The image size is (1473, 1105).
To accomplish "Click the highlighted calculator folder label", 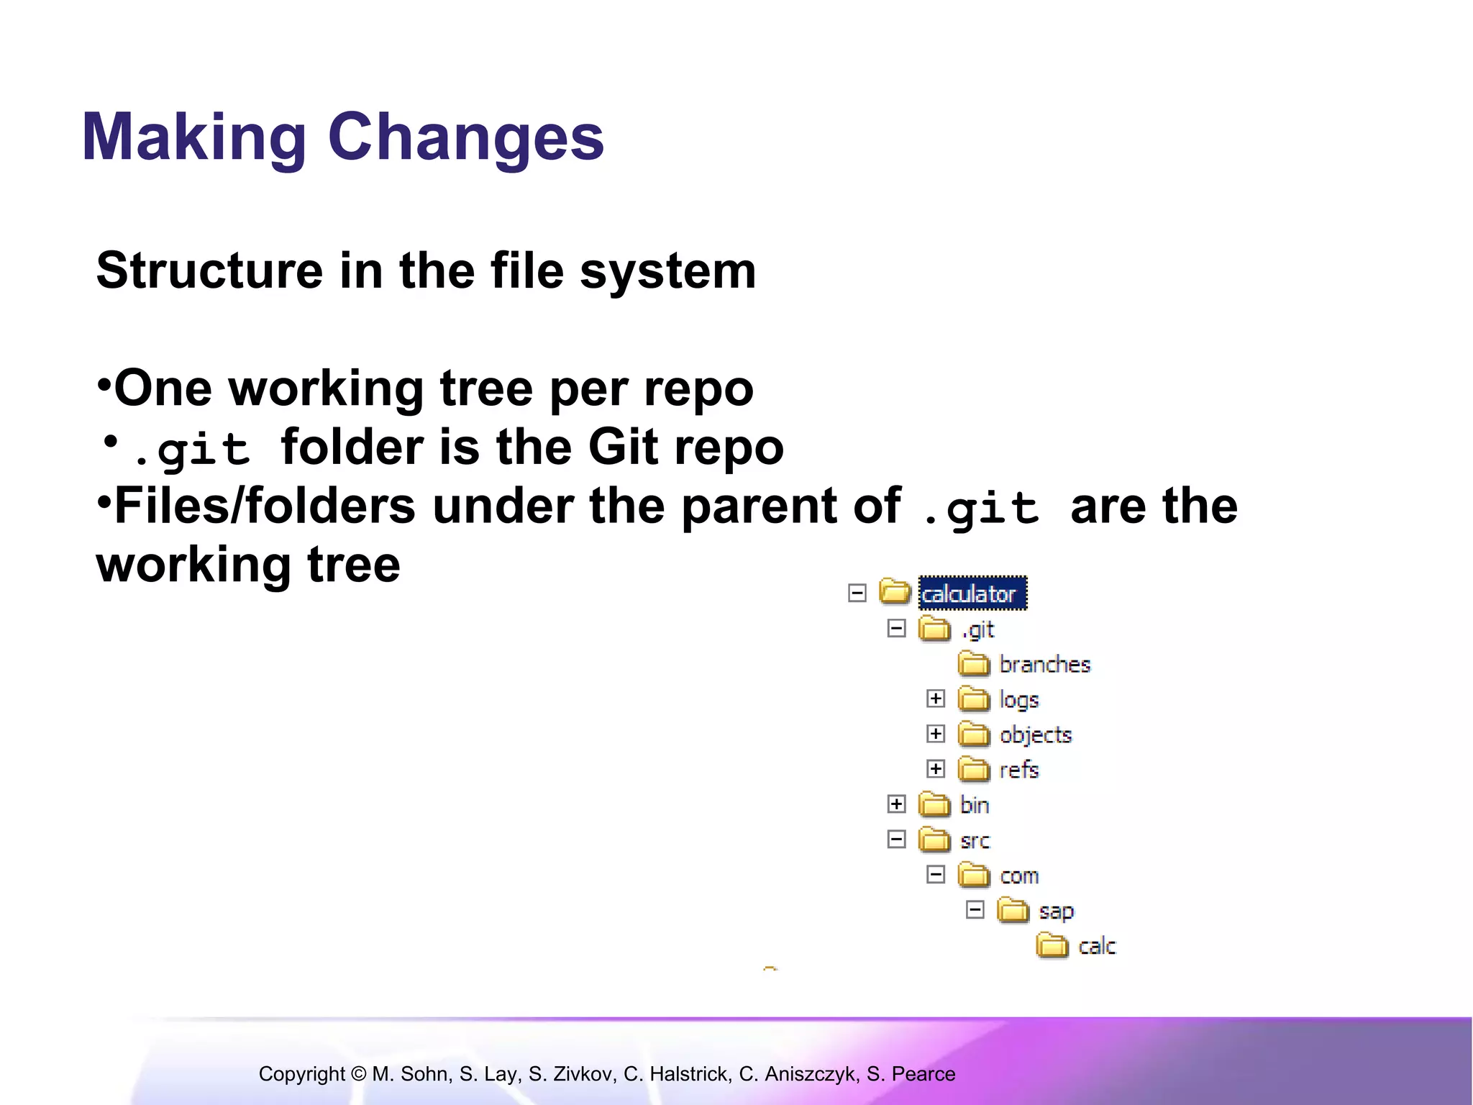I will coord(972,594).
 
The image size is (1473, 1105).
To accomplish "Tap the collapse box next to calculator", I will coord(857,594).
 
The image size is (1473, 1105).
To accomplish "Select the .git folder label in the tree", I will coord(978,629).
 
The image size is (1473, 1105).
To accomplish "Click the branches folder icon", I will coord(974,663).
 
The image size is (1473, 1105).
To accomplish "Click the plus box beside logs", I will coord(935,699).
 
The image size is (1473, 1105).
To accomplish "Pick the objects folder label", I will coord(1035,735).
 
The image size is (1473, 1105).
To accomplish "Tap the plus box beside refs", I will coord(935,769).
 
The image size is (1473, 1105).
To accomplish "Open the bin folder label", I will coord(975,805).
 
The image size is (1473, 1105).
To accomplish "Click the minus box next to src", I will coord(896,840).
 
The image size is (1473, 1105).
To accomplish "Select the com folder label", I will coord(1019,876).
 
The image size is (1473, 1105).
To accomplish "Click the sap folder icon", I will coord(1013,910).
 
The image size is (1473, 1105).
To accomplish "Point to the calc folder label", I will coord(1097,945).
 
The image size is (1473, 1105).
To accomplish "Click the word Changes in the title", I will coord(465,137).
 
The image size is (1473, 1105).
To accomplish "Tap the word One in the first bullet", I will coord(163,388).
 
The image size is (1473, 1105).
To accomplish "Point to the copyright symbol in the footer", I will coord(359,1074).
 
